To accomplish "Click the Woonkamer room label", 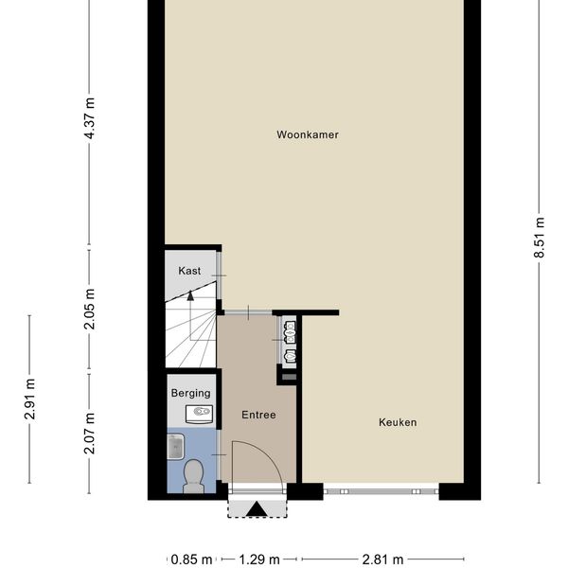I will coord(308,135).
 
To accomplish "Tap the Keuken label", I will coord(398,422).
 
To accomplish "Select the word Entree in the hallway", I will coord(258,415).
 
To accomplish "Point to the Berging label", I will coord(190,393).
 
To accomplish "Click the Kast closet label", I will coord(190,271).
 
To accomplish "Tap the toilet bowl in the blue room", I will coord(193,475).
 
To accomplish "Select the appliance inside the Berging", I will coord(199,412).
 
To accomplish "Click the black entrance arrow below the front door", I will coord(257,510).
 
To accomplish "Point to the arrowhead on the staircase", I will coord(190,294).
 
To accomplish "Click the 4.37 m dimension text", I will coord(90,119).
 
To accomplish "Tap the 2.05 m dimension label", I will coord(90,310).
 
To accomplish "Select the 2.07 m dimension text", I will coord(90,433).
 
